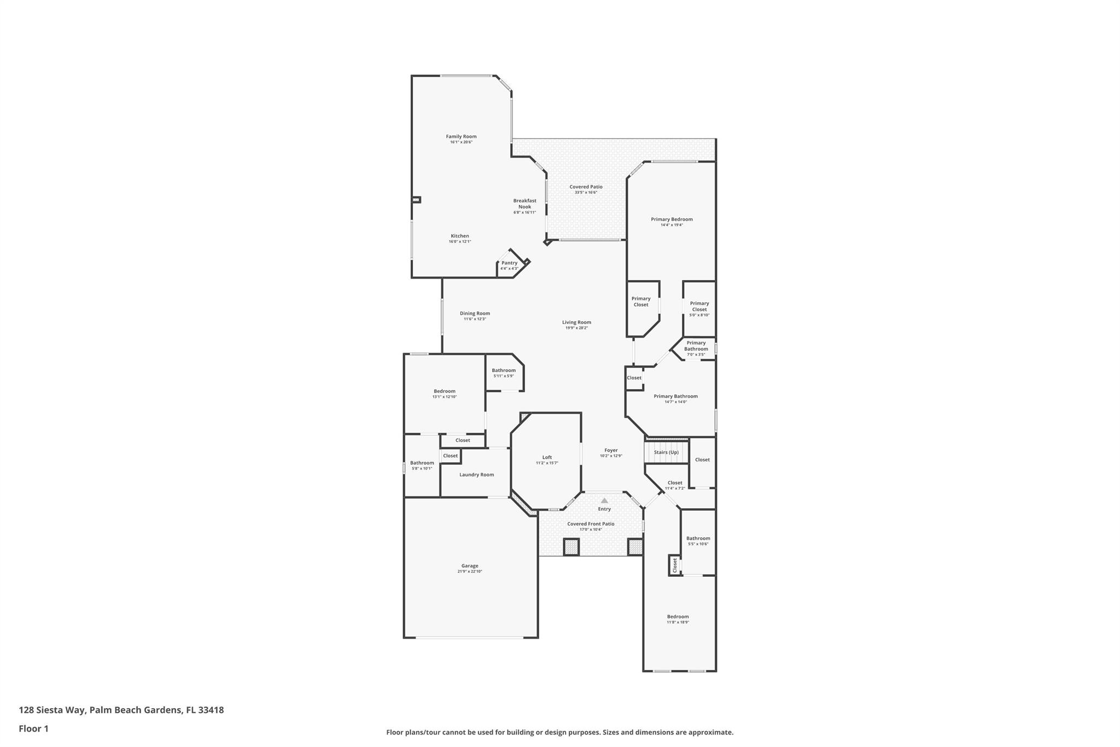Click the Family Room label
pyautogui.click(x=461, y=137)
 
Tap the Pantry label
pyautogui.click(x=509, y=263)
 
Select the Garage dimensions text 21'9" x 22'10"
pyautogui.click(x=470, y=571)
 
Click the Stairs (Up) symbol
pyautogui.click(x=666, y=452)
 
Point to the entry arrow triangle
pyautogui.click(x=604, y=501)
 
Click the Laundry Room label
pyautogui.click(x=476, y=475)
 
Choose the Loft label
pyautogui.click(x=547, y=458)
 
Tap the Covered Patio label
pyautogui.click(x=586, y=187)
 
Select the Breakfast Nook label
pyautogui.click(x=524, y=204)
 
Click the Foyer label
pyautogui.click(x=611, y=450)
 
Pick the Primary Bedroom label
pyautogui.click(x=672, y=219)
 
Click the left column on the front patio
pyautogui.click(x=571, y=547)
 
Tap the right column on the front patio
pyautogui.click(x=635, y=547)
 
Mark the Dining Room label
pyautogui.click(x=475, y=314)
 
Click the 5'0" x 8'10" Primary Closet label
pyautogui.click(x=699, y=306)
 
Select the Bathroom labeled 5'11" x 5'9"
pyautogui.click(x=504, y=370)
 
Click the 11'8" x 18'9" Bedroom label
pyautogui.click(x=678, y=617)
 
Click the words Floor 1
pyautogui.click(x=33, y=729)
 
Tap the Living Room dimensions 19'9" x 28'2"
pyautogui.click(x=576, y=328)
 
